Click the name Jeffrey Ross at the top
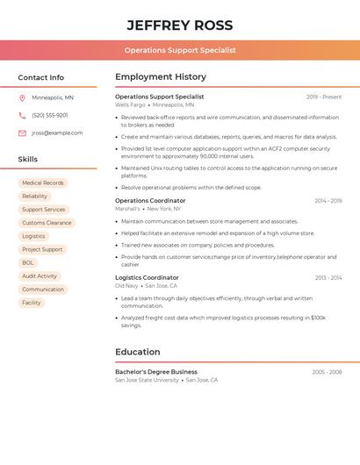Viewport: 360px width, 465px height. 179,25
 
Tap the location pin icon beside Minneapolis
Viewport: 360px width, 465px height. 22,97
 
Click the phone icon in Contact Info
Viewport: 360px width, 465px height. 22,115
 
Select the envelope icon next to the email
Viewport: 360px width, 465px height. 22,132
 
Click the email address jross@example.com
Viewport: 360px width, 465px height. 57,132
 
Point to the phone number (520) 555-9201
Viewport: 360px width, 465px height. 50,115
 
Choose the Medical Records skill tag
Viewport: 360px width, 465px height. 43,183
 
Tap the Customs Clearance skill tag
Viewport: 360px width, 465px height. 47,223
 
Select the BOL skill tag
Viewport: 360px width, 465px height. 28,262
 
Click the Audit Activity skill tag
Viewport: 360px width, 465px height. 40,275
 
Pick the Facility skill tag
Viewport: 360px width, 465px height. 32,303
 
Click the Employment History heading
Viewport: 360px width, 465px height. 161,77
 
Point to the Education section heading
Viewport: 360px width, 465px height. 138,352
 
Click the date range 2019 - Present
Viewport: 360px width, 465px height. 324,97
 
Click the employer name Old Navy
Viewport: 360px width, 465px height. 126,285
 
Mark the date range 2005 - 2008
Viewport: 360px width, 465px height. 327,372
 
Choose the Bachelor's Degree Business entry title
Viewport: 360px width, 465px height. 156,372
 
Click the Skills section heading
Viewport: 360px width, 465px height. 28,159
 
